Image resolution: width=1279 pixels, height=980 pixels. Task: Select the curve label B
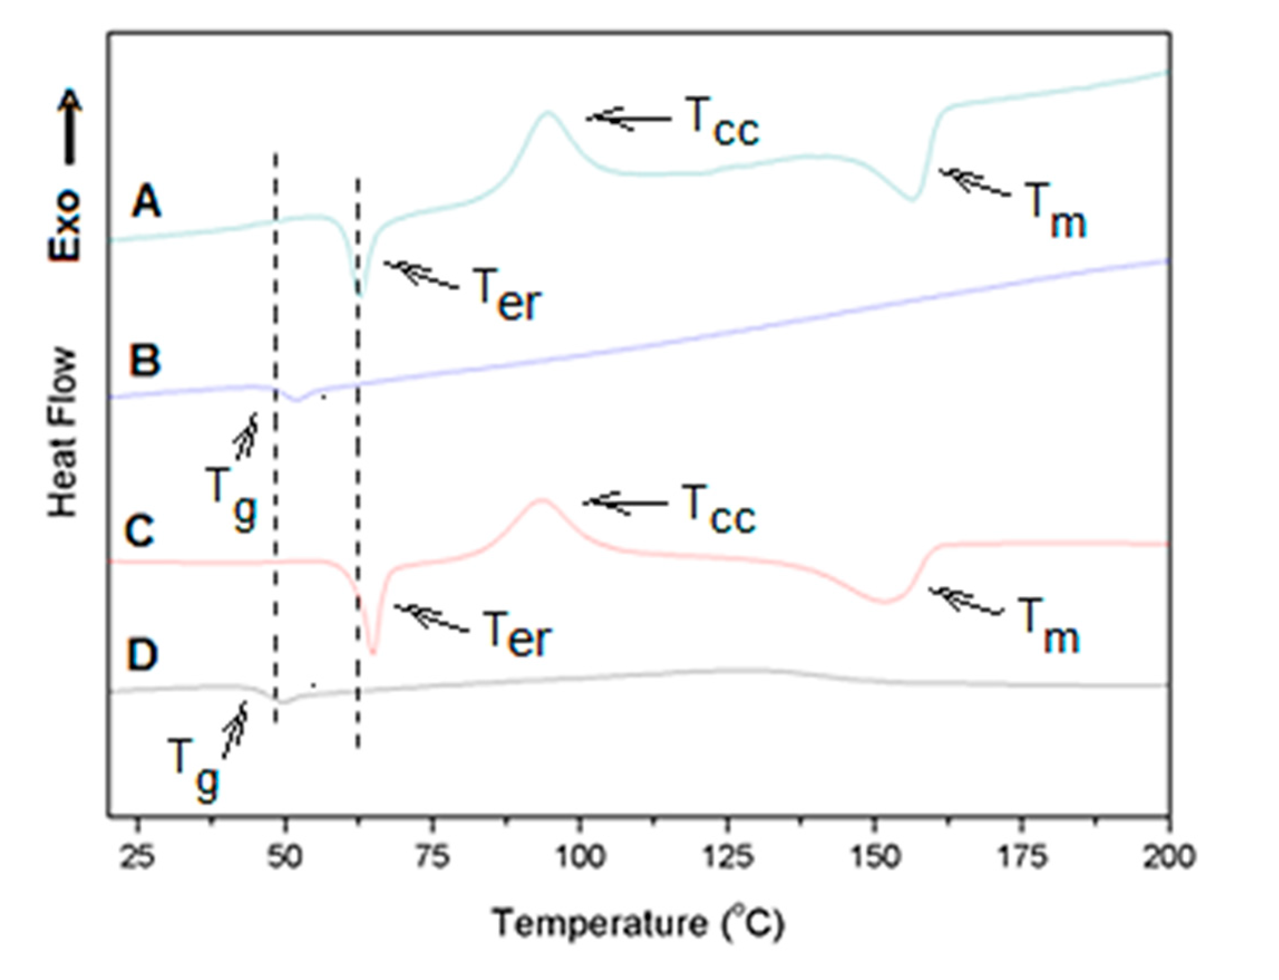coord(145,360)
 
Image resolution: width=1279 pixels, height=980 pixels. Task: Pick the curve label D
coord(141,655)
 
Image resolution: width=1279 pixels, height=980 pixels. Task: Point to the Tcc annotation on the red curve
coord(719,511)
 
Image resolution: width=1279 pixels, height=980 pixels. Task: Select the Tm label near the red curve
coord(1048,634)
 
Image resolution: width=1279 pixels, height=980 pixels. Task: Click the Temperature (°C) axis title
coord(638,923)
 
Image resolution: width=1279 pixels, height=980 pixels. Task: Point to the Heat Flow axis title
coord(63,432)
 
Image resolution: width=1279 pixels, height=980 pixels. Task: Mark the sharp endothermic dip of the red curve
coord(373,652)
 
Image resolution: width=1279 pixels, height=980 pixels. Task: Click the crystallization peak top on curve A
coord(547,112)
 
